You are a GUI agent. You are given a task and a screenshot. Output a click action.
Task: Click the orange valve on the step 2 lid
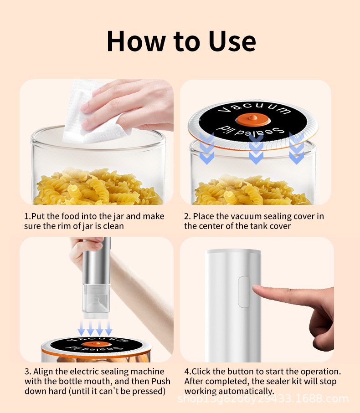click(253, 119)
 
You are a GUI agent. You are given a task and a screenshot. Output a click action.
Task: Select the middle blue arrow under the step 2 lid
click(256, 149)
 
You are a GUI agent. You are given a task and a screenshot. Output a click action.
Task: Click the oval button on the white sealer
click(244, 292)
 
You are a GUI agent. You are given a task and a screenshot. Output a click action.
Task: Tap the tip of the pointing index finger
click(253, 287)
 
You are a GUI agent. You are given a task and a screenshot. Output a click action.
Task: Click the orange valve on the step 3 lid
click(97, 344)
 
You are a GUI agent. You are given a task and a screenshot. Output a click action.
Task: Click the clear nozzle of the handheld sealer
click(96, 301)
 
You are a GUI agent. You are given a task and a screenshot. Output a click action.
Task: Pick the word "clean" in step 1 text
click(113, 226)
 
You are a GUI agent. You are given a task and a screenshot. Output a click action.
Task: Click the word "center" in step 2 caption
click(219, 226)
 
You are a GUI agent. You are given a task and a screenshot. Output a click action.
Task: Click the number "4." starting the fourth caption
click(188, 372)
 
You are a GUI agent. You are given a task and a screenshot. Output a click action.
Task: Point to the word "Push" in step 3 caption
click(160, 382)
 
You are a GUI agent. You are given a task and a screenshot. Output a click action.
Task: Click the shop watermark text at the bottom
click(263, 399)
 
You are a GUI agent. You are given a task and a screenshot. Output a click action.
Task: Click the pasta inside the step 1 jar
click(97, 187)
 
